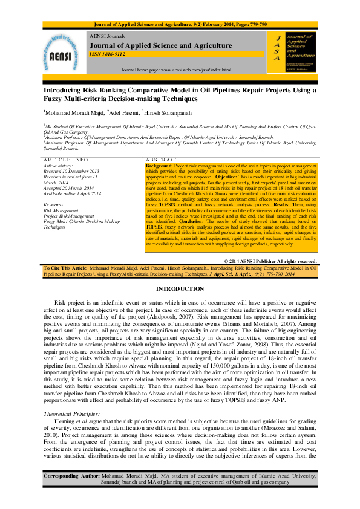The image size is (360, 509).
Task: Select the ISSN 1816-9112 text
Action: tap(108, 54)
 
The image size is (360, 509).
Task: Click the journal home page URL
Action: tap(177, 70)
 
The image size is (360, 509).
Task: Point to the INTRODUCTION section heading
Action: tap(180, 290)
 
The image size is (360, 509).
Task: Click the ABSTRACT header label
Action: tap(163, 160)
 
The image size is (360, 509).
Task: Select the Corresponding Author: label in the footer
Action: tap(71, 494)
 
